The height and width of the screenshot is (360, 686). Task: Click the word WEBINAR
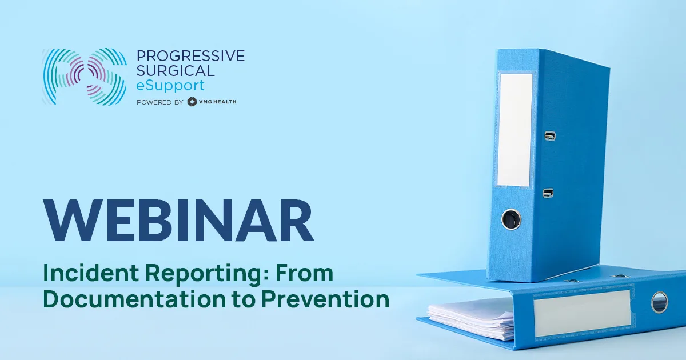tap(180, 221)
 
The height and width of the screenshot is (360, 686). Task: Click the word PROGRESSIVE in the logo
tap(190, 56)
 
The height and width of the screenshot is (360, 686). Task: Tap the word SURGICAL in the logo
tap(176, 71)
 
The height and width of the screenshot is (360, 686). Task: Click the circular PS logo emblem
tap(83, 77)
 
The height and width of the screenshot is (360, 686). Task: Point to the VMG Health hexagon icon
tap(193, 102)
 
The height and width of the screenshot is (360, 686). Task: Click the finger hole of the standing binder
tap(510, 218)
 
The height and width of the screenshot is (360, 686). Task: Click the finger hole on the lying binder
tap(659, 302)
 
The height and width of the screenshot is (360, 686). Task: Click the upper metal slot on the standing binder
tap(550, 136)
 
